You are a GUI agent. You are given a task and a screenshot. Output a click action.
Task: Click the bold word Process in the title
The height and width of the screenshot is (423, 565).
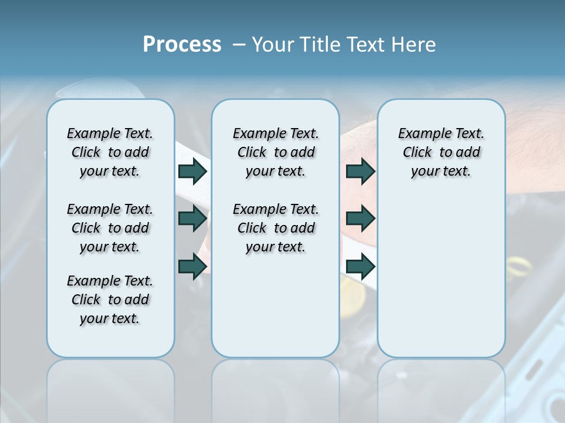(x=182, y=45)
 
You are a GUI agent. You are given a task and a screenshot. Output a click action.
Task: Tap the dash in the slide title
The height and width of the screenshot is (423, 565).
(x=239, y=45)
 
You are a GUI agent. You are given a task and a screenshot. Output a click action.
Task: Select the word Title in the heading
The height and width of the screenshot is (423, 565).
(x=321, y=45)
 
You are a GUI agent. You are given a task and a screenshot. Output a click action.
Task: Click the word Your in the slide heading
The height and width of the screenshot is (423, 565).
(x=274, y=45)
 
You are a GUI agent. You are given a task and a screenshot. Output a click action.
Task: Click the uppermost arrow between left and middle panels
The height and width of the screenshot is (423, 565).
(x=192, y=171)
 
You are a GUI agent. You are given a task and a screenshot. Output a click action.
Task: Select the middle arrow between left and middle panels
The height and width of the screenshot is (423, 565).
(x=192, y=219)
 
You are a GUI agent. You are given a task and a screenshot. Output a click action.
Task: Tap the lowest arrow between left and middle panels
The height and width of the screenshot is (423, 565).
(x=192, y=266)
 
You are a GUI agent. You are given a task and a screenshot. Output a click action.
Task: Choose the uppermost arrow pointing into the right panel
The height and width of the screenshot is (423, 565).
(x=360, y=171)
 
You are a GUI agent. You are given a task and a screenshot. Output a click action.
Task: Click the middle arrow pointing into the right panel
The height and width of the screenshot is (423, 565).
(x=360, y=219)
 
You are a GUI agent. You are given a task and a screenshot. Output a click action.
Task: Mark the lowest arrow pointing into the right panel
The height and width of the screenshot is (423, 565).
(x=360, y=266)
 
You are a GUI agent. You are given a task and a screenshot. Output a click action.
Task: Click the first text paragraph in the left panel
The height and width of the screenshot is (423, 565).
(x=110, y=152)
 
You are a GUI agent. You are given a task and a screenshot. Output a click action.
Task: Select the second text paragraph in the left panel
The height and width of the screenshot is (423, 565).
(x=110, y=228)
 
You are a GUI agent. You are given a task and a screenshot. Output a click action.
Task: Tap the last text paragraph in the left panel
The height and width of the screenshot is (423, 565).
(x=110, y=300)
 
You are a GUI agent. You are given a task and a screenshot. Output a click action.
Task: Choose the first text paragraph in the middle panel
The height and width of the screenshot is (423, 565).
(x=275, y=152)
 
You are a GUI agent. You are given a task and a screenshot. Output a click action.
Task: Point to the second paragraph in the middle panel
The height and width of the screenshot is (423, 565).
(x=275, y=228)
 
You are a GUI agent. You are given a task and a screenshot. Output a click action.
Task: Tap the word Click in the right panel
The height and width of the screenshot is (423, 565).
(x=417, y=153)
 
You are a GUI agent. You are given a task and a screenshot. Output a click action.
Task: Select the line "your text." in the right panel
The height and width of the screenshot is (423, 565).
(x=441, y=172)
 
